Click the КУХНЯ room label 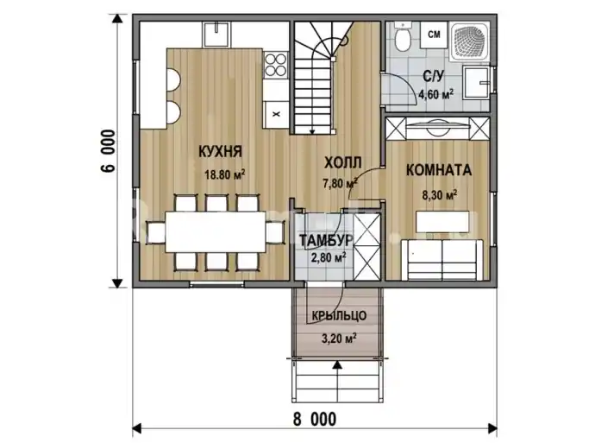220,152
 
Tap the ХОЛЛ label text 342,162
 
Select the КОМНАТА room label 439,170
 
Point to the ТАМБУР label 326,240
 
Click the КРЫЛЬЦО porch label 339,315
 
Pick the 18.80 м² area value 225,174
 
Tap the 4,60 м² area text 435,94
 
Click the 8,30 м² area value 440,195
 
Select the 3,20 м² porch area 339,338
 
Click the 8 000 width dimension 315,420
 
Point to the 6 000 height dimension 108,151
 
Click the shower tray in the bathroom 469,41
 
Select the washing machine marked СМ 434,35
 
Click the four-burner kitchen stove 276,65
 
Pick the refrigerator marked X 276,114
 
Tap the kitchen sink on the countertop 216,35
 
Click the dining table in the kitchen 216,231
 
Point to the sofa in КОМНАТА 442,260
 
